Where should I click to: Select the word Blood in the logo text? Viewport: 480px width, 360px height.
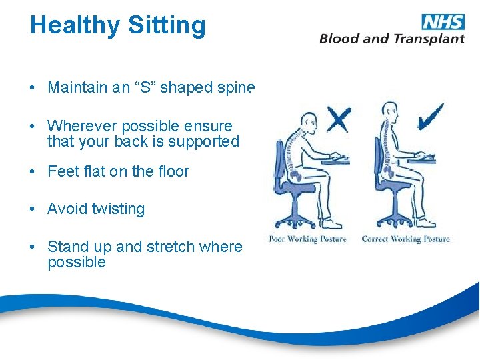click(339, 39)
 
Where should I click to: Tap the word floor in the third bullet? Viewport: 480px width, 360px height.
click(172, 171)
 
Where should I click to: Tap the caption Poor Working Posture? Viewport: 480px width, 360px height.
click(307, 239)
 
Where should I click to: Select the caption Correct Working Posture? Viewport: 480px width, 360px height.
click(405, 239)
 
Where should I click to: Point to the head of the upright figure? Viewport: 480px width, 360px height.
click(388, 113)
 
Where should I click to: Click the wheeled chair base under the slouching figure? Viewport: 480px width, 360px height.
click(293, 219)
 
